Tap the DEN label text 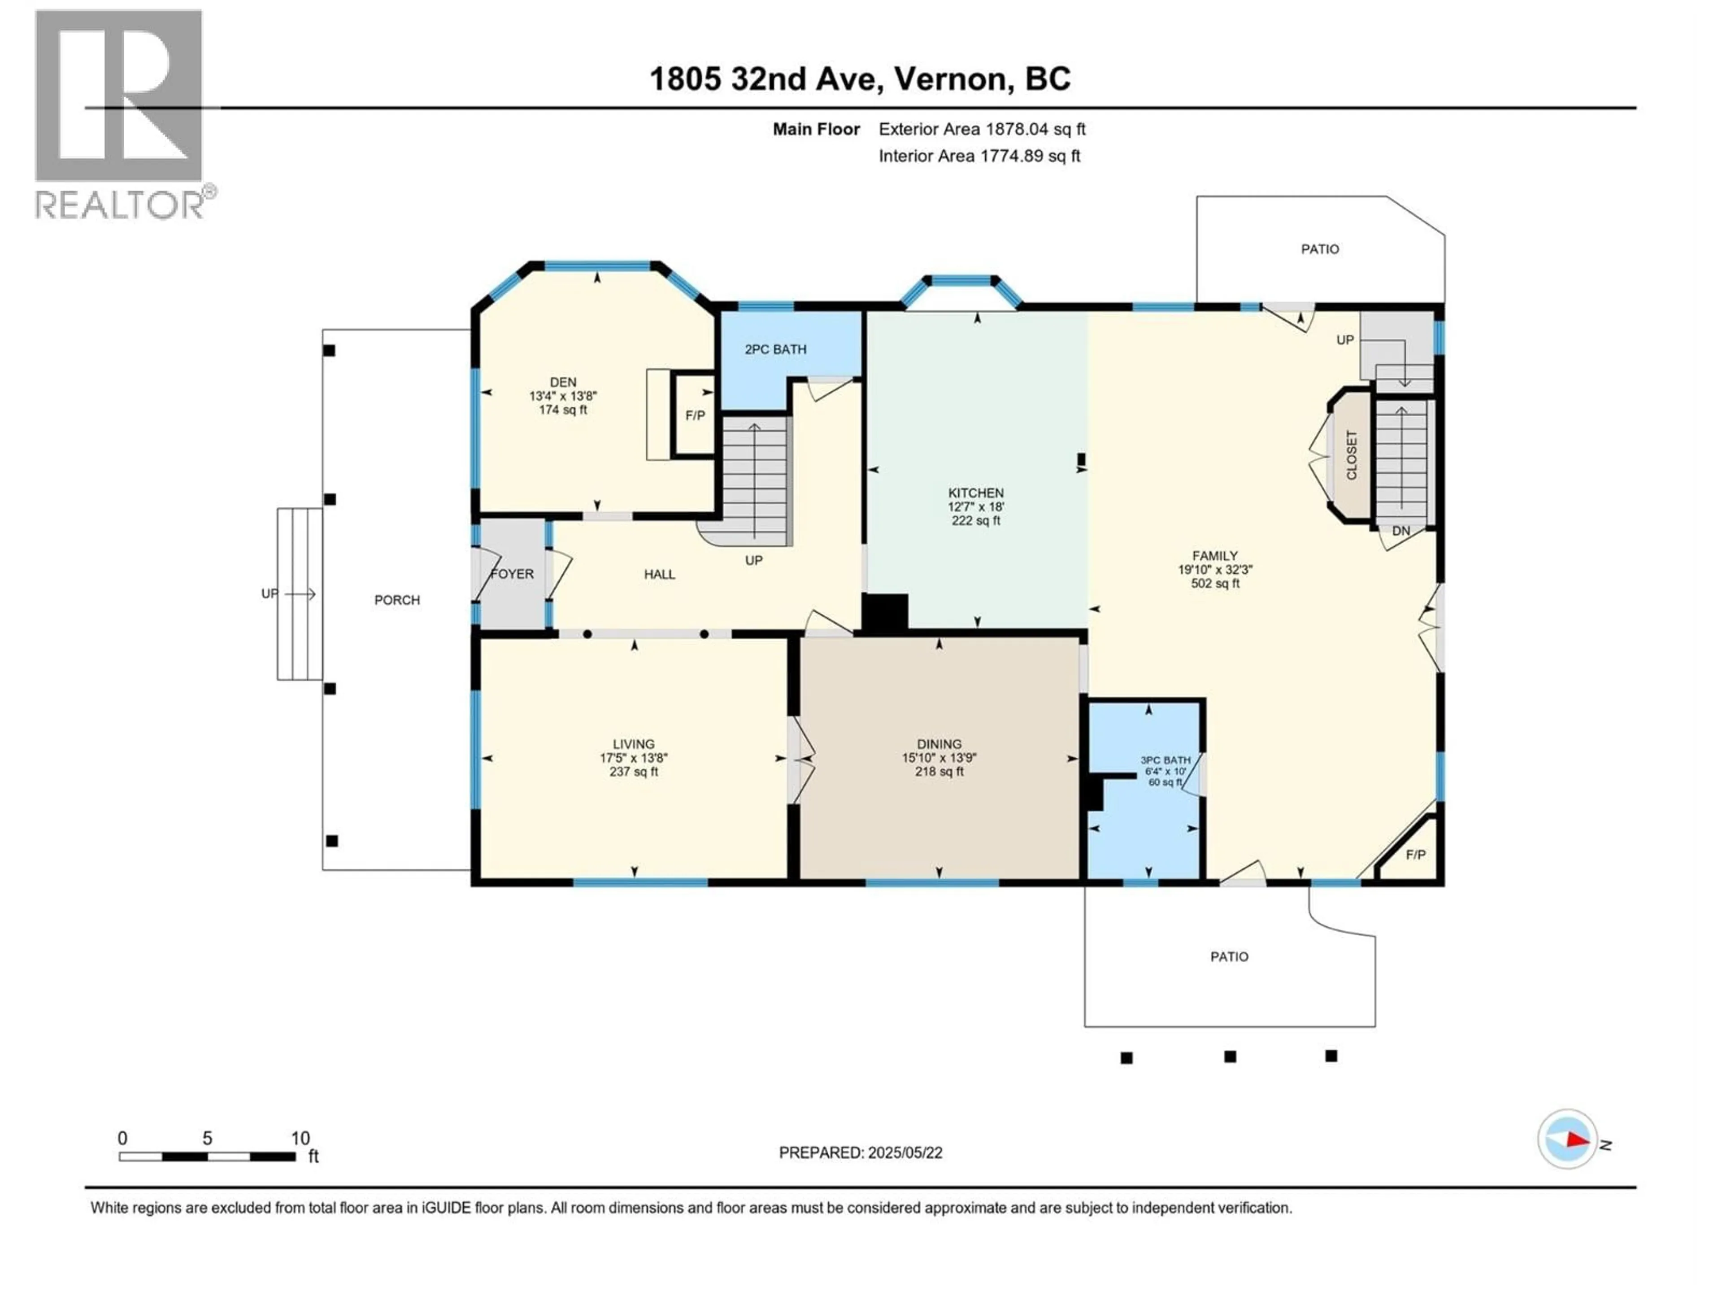[563, 382]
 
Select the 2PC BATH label [775, 349]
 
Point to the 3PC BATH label [1165, 760]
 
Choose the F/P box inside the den [694, 416]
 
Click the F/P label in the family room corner [1415, 855]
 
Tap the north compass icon [1568, 1139]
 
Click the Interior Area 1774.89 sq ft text [979, 156]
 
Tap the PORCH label [397, 600]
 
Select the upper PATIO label [1319, 249]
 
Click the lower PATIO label [1229, 956]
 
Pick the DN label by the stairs [1400, 531]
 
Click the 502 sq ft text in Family [1215, 583]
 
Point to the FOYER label [512, 574]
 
